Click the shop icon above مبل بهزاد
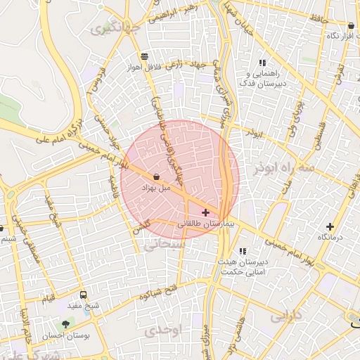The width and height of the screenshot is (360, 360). pyautogui.click(x=155, y=177)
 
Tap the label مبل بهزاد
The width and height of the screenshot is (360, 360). pyautogui.click(x=155, y=188)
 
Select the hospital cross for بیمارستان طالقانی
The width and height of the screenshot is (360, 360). pyautogui.click(x=205, y=212)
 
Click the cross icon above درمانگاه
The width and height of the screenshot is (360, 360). pyautogui.click(x=329, y=226)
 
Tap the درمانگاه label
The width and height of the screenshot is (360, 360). pyautogui.click(x=329, y=238)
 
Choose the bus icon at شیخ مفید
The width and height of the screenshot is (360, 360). pyautogui.click(x=84, y=295)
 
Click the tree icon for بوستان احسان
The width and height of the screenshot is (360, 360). pyautogui.click(x=65, y=324)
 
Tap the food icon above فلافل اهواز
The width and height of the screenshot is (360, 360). pyautogui.click(x=144, y=56)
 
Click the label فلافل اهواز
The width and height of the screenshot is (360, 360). pyautogui.click(x=144, y=67)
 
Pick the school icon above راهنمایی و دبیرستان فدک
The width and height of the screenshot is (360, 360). pyautogui.click(x=262, y=63)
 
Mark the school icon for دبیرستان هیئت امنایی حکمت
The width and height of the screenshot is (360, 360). pyautogui.click(x=243, y=251)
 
